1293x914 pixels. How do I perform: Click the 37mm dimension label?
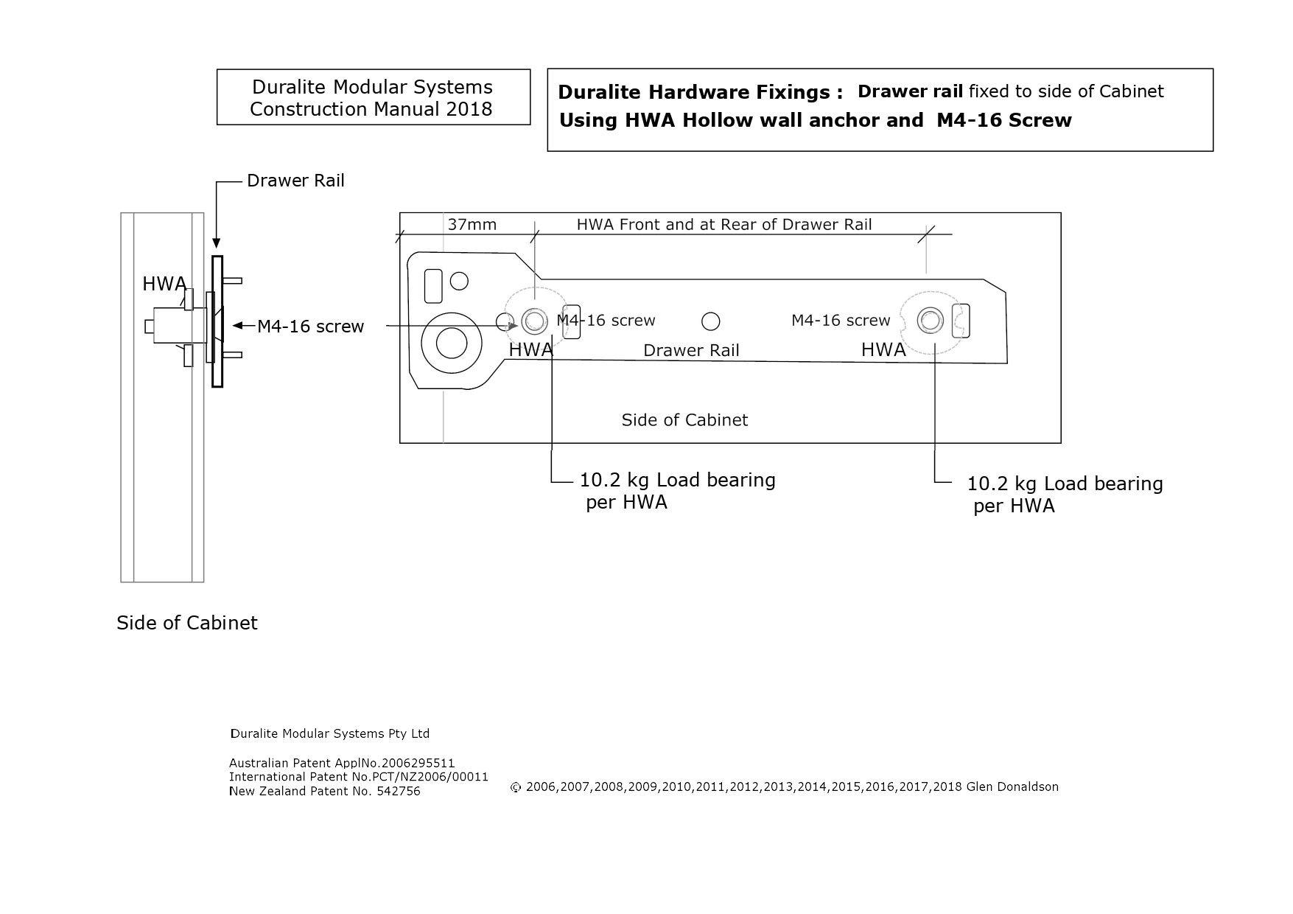pyautogui.click(x=472, y=224)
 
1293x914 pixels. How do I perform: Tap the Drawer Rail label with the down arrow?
pyautogui.click(x=295, y=181)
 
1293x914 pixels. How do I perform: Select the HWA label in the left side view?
pyautogui.click(x=164, y=284)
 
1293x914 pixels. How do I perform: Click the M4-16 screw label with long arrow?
pyautogui.click(x=310, y=327)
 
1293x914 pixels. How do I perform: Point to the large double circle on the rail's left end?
pyautogui.click(x=451, y=343)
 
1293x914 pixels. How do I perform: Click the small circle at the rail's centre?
pyautogui.click(x=710, y=321)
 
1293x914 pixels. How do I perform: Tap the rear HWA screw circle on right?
pyautogui.click(x=930, y=321)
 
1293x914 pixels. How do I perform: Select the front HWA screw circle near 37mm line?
pyautogui.click(x=534, y=321)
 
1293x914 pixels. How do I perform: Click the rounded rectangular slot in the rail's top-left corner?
pyautogui.click(x=434, y=286)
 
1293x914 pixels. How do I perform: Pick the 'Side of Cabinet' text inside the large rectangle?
pyautogui.click(x=684, y=420)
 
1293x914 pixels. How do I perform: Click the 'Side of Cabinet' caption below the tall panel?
pyautogui.click(x=187, y=623)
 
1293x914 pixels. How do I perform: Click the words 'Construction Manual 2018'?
pyautogui.click(x=371, y=109)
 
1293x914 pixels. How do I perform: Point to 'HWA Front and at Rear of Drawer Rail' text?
pyautogui.click(x=723, y=225)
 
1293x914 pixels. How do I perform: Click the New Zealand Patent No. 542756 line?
pyautogui.click(x=324, y=791)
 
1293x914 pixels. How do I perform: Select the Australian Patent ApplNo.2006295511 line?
pyautogui.click(x=342, y=763)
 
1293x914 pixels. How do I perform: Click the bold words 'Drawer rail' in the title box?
pyautogui.click(x=910, y=91)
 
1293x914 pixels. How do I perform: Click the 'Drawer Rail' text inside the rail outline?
pyautogui.click(x=691, y=351)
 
